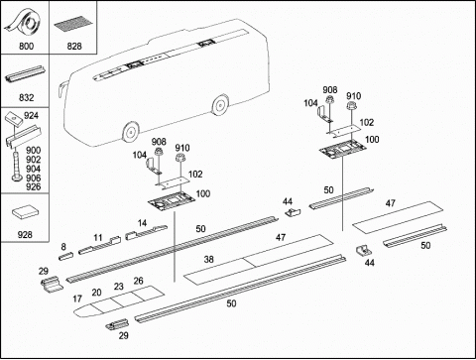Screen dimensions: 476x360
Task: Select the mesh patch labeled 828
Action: pyautogui.click(x=73, y=25)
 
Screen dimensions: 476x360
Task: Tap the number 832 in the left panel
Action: pyautogui.click(x=26, y=97)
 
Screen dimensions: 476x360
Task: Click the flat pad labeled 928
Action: pyautogui.click(x=25, y=212)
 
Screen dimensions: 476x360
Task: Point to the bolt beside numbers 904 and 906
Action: pyautogui.click(x=15, y=165)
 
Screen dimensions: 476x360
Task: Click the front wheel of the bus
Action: pyautogui.click(x=131, y=132)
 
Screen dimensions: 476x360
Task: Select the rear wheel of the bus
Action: pyautogui.click(x=220, y=105)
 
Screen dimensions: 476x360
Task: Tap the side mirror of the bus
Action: pyautogui.click(x=62, y=89)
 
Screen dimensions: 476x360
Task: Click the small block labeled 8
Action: pyautogui.click(x=65, y=256)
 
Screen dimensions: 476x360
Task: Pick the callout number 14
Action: pyautogui.click(x=142, y=223)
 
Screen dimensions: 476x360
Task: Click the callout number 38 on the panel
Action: pyautogui.click(x=208, y=259)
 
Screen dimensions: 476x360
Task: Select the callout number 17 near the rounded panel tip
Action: pyautogui.click(x=77, y=299)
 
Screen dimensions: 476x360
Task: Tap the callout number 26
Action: pyautogui.click(x=138, y=281)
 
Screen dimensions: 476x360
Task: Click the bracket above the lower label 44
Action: pyautogui.click(x=363, y=250)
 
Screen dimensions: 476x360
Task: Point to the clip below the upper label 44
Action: pyautogui.click(x=294, y=212)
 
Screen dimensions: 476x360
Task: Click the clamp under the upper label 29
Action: pyautogui.click(x=52, y=285)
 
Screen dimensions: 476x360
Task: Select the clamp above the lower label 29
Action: pyautogui.click(x=117, y=324)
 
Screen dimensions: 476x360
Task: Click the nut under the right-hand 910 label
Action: pyautogui.click(x=350, y=106)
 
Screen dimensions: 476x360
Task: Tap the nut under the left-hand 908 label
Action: pyautogui.click(x=159, y=152)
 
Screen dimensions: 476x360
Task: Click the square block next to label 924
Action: pyautogui.click(x=14, y=117)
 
